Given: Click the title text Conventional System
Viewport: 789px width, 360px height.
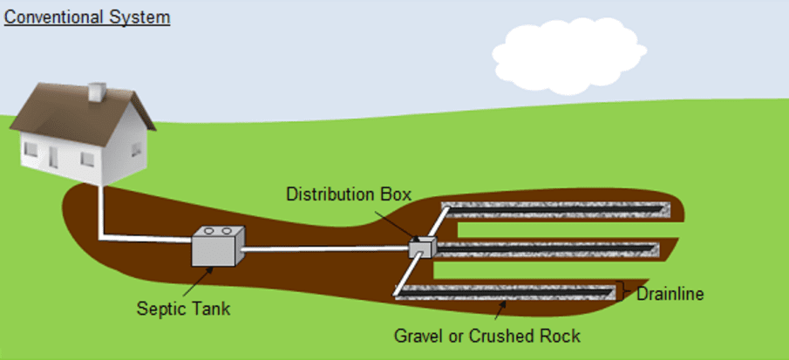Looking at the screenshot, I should point(87,17).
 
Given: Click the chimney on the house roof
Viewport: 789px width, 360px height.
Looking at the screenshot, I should point(97,92).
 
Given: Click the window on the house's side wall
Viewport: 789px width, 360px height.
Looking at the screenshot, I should point(136,149).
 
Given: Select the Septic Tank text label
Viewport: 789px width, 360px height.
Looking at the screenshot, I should point(183,309).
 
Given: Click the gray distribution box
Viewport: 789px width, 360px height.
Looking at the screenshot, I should point(421,248).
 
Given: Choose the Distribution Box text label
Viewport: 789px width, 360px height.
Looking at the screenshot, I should point(348,194).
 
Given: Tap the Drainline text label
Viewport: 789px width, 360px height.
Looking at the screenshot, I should point(669,295).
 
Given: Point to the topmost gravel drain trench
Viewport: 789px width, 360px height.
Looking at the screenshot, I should point(558,209).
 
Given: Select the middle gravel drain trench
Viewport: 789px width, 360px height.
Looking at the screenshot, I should point(549,249).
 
